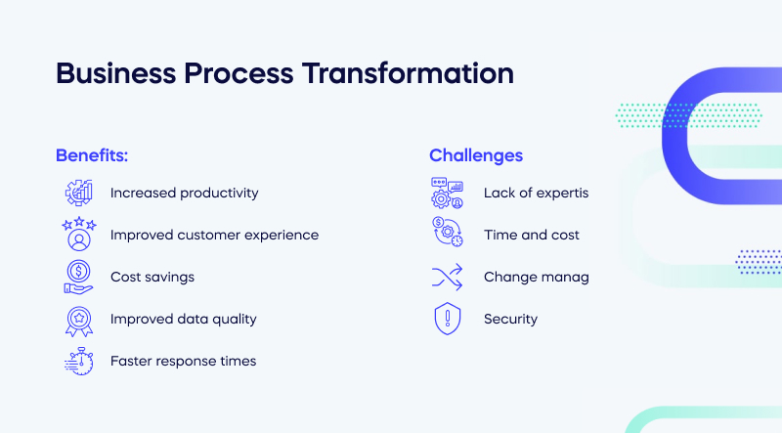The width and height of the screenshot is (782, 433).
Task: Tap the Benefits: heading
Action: (x=92, y=155)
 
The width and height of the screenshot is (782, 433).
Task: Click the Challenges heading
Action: (x=476, y=155)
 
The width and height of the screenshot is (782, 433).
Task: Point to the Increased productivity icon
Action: (x=78, y=193)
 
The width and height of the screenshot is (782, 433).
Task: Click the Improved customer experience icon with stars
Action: (x=78, y=235)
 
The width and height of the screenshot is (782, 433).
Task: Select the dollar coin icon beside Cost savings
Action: (x=78, y=277)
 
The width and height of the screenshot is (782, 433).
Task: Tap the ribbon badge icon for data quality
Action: (x=78, y=319)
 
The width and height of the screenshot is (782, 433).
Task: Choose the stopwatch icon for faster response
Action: (x=78, y=361)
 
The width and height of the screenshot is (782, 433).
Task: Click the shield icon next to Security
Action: (x=447, y=319)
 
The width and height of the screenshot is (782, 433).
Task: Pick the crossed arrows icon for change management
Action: (x=447, y=277)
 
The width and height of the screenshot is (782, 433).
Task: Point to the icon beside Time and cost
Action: (x=447, y=235)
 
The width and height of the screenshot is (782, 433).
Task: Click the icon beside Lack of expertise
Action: (x=447, y=193)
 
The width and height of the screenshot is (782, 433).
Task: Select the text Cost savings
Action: (x=152, y=277)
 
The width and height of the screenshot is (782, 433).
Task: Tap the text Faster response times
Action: (x=183, y=361)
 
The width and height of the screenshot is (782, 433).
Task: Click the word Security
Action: (x=510, y=319)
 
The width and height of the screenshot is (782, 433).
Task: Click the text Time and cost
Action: (x=532, y=235)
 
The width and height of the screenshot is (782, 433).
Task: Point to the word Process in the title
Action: (x=234, y=74)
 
